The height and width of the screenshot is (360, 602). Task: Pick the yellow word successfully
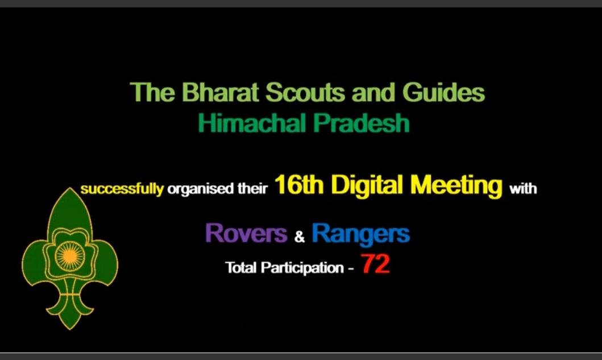[122, 189]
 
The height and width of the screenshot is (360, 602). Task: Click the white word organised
[201, 189]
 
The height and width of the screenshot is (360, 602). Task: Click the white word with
[523, 188]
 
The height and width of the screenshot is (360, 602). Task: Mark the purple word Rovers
[246, 233]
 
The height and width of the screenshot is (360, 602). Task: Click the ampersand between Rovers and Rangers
[300, 237]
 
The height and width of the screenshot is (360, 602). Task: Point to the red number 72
[376, 266]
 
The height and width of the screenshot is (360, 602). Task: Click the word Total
[240, 267]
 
